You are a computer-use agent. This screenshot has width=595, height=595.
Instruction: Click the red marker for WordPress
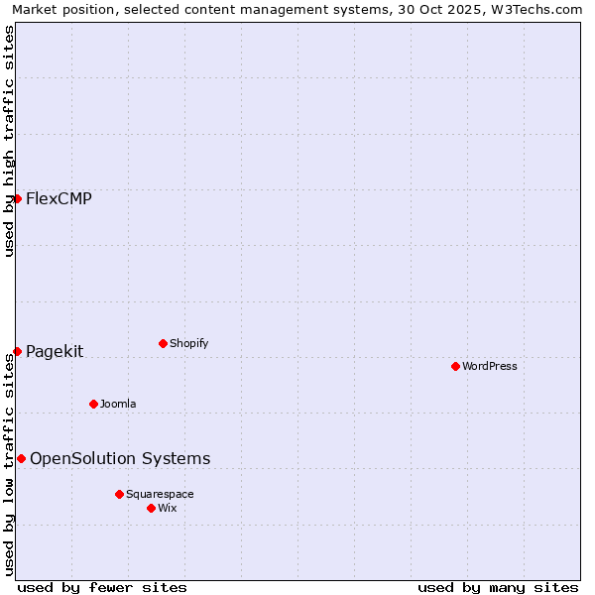(455, 366)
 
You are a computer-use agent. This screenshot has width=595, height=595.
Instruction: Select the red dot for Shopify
(163, 343)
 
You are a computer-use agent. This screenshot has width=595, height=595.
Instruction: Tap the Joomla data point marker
(93, 404)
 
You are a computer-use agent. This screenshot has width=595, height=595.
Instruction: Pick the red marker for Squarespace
(119, 494)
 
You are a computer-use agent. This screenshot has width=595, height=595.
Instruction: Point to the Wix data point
(151, 508)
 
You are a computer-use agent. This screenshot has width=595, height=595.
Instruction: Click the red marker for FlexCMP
(17, 198)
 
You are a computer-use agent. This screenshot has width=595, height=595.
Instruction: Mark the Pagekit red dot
(17, 351)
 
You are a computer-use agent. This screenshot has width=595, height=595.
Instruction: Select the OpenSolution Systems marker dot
(21, 458)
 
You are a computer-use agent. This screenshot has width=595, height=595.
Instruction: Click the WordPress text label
(490, 366)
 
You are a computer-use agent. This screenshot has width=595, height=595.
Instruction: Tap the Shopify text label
(188, 343)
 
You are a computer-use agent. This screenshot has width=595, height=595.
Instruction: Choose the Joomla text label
(118, 404)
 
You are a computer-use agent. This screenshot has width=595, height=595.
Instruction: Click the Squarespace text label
(160, 494)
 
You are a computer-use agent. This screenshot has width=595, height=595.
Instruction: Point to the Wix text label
(168, 508)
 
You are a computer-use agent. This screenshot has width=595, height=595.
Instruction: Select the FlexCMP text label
(59, 198)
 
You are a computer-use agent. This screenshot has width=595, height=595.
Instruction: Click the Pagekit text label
(55, 351)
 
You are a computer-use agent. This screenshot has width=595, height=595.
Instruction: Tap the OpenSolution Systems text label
(120, 458)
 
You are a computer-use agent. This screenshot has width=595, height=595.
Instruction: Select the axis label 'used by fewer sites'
(102, 587)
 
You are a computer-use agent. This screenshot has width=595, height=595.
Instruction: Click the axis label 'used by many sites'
(498, 587)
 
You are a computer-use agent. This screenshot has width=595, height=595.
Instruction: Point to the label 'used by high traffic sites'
(10, 141)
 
